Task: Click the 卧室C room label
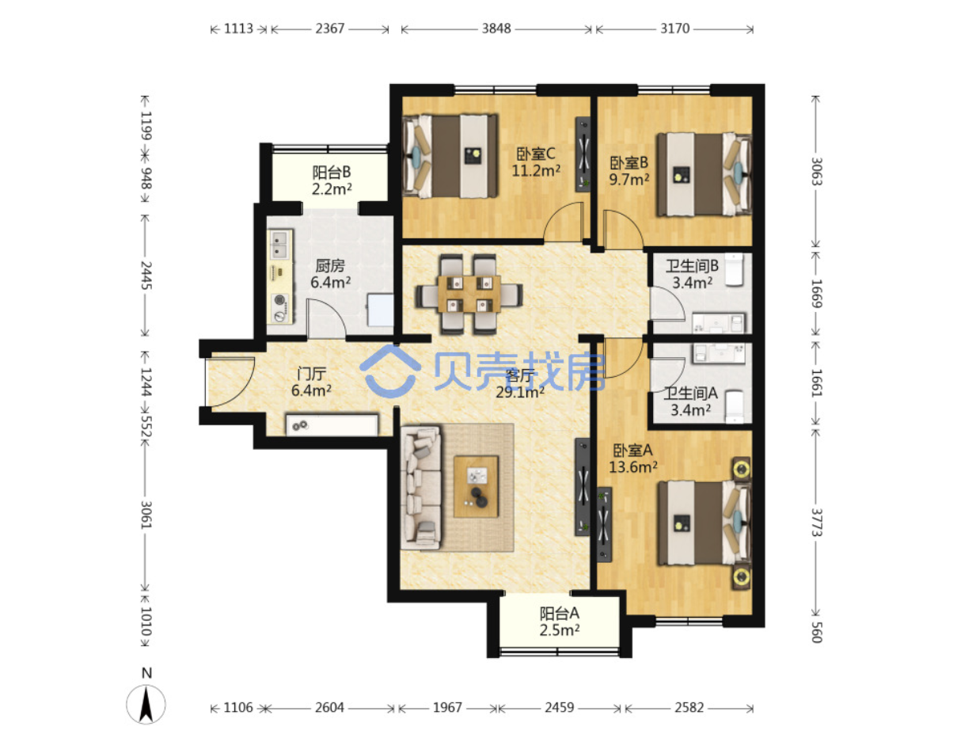click(x=535, y=154)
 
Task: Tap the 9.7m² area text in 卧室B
click(x=629, y=180)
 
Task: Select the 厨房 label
click(x=330, y=265)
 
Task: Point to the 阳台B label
click(x=331, y=172)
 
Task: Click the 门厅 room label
click(x=311, y=374)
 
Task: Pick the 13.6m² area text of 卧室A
click(x=632, y=467)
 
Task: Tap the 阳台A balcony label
click(x=559, y=614)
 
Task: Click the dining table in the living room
click(x=469, y=294)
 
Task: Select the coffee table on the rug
click(x=475, y=487)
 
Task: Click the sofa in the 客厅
click(x=420, y=487)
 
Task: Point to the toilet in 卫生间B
click(x=734, y=269)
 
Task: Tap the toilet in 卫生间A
click(x=734, y=406)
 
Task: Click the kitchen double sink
click(x=279, y=245)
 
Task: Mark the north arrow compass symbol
click(x=146, y=704)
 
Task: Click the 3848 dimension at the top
click(x=496, y=29)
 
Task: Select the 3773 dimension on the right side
click(x=817, y=522)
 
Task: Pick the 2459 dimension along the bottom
click(x=559, y=707)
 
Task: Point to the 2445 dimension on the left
click(x=146, y=275)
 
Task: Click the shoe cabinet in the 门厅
click(x=332, y=425)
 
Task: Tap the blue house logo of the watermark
click(x=390, y=371)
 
